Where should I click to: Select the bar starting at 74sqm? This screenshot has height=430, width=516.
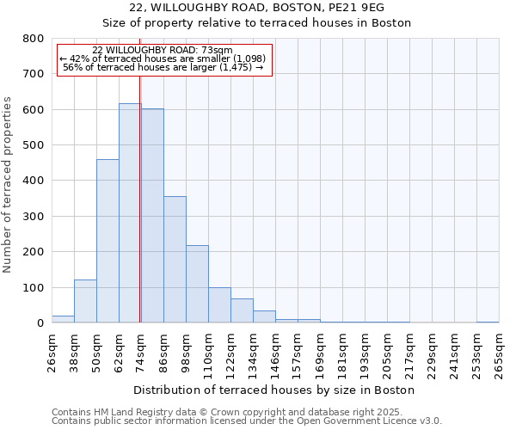click(152, 216)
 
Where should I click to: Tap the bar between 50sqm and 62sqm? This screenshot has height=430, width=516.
click(107, 241)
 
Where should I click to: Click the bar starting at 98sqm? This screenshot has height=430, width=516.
click(197, 284)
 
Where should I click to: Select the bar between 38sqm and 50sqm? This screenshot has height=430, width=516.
click(85, 301)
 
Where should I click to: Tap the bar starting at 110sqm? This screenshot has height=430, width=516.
click(219, 305)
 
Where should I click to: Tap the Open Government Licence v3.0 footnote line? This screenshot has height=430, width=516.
click(247, 421)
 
